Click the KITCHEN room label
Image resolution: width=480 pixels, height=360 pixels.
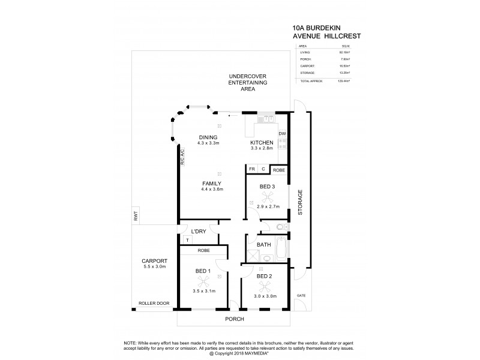(262, 142)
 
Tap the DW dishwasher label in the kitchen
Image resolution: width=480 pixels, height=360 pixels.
(283, 133)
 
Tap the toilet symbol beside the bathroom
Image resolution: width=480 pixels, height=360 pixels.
(281, 227)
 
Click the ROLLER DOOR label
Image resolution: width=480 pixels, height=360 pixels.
(150, 304)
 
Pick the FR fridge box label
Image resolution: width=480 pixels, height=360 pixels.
(252, 170)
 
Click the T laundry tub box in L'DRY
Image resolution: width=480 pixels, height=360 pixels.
(187, 240)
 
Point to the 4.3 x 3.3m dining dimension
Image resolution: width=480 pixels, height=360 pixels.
(208, 143)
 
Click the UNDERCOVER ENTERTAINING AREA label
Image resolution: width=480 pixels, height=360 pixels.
(241, 82)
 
